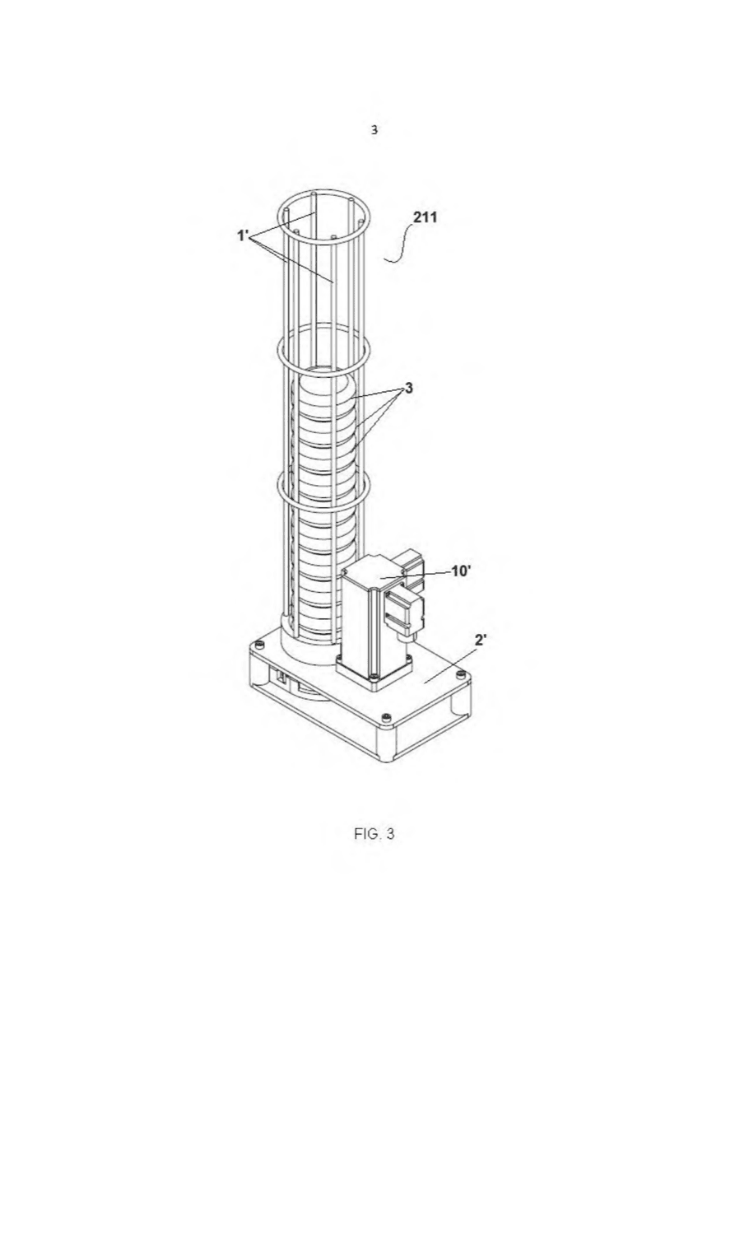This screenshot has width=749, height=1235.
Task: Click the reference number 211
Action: click(x=425, y=217)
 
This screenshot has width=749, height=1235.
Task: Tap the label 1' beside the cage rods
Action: click(x=243, y=235)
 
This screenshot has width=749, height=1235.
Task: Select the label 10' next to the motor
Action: click(x=461, y=571)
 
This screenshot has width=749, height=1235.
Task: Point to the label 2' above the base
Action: click(x=481, y=640)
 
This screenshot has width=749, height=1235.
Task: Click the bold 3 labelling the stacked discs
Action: click(x=408, y=388)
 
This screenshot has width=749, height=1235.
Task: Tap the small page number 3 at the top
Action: click(x=374, y=130)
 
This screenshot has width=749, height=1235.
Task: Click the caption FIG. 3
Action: click(x=374, y=833)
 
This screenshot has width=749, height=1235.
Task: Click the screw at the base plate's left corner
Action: click(x=258, y=645)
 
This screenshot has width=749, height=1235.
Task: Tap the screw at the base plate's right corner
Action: click(x=459, y=673)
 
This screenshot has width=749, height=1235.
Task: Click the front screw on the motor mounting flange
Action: click(x=374, y=676)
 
